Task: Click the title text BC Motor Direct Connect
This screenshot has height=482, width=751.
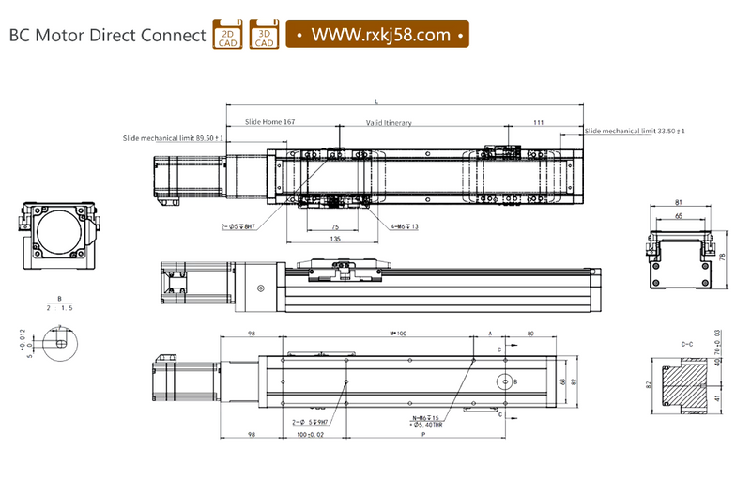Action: (107, 36)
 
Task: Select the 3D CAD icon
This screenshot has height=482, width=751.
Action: (264, 34)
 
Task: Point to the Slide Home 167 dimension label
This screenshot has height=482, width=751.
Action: (269, 122)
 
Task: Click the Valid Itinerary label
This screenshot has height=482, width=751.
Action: (389, 123)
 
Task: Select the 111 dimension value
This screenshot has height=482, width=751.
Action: (538, 122)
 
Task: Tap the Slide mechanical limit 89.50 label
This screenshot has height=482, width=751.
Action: (173, 138)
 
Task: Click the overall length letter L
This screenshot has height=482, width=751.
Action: (376, 100)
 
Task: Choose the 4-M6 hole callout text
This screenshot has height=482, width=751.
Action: (405, 226)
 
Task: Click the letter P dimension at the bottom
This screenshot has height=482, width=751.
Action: (424, 436)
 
